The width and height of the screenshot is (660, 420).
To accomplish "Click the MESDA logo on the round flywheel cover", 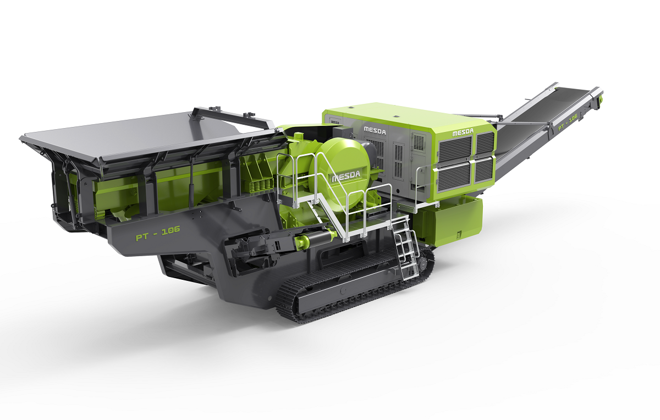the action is (x=346, y=176).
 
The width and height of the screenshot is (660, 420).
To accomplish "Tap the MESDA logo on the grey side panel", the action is (x=375, y=130).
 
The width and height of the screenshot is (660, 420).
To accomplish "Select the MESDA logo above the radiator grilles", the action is (x=463, y=132).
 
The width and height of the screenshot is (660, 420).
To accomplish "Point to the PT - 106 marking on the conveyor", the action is (x=568, y=123).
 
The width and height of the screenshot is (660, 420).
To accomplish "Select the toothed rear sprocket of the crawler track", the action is (x=424, y=263).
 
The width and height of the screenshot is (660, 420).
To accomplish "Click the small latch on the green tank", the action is (x=459, y=235).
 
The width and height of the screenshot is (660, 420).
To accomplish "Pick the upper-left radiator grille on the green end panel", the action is (x=455, y=150).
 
